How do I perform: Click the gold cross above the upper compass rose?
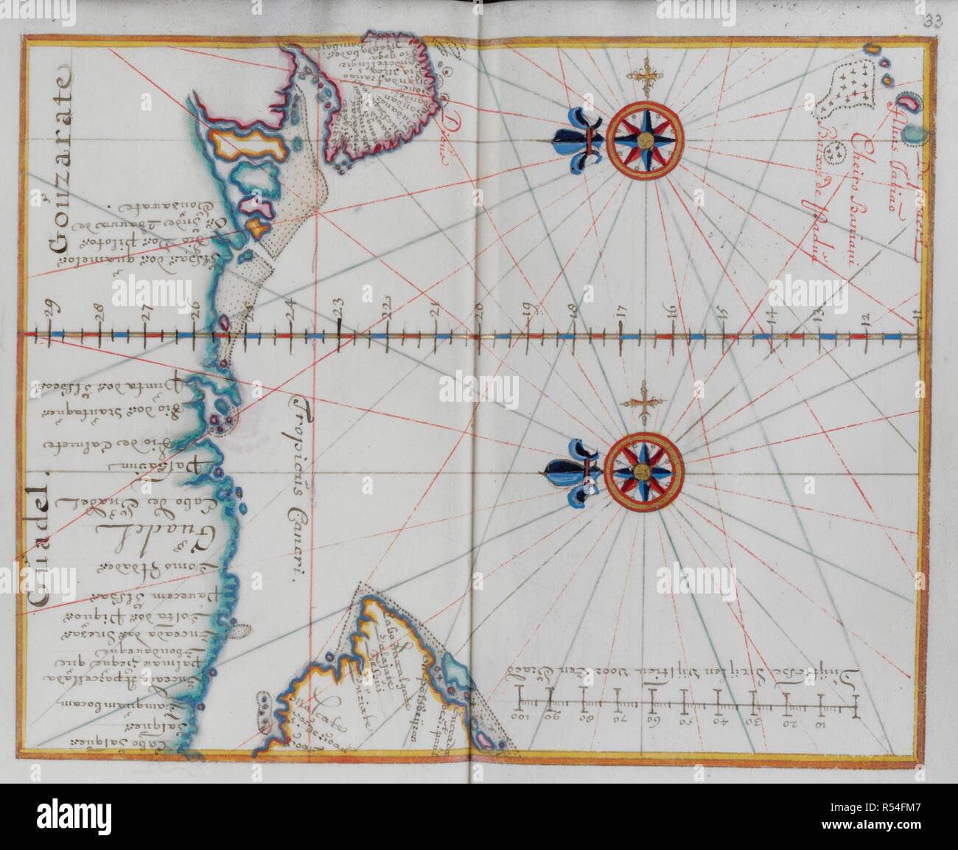pyautogui.click(x=646, y=75)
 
